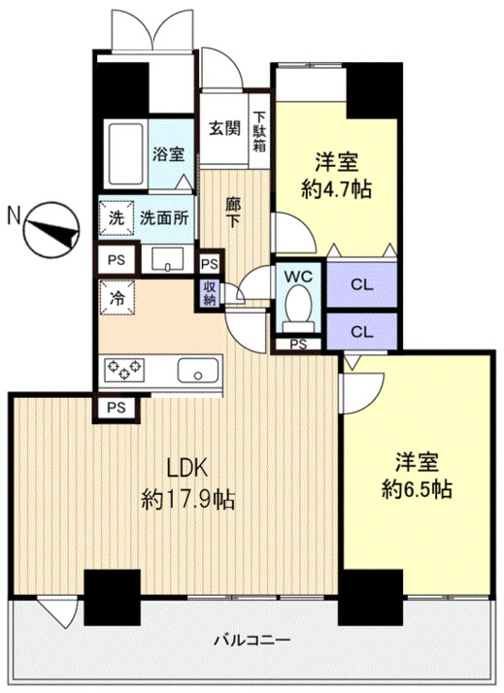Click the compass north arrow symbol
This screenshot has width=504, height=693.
tap(51, 230)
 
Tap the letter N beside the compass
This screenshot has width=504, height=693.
tap(15, 216)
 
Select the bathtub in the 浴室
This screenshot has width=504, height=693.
tap(125, 154)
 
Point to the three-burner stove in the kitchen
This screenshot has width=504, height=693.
tap(124, 370)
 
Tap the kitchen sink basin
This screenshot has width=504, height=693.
tap(198, 371)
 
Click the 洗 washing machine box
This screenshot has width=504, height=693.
tap(117, 217)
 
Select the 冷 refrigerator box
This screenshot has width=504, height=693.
tap(117, 298)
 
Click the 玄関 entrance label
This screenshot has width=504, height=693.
tap(224, 128)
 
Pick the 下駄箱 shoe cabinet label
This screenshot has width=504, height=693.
tap(259, 131)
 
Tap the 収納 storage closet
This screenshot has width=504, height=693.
tap(209, 293)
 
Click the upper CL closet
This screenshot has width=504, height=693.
tap(362, 284)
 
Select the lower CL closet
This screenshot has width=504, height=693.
tap(362, 332)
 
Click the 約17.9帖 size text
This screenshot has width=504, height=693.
tap(187, 500)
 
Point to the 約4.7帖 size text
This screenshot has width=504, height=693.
tap(336, 189)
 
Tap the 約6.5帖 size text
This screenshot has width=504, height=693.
tap(417, 489)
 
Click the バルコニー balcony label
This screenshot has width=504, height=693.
tap(252, 640)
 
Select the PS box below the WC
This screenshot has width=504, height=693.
tap(298, 344)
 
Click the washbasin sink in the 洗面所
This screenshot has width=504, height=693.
tap(168, 258)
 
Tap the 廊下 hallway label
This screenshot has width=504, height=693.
tap(233, 213)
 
